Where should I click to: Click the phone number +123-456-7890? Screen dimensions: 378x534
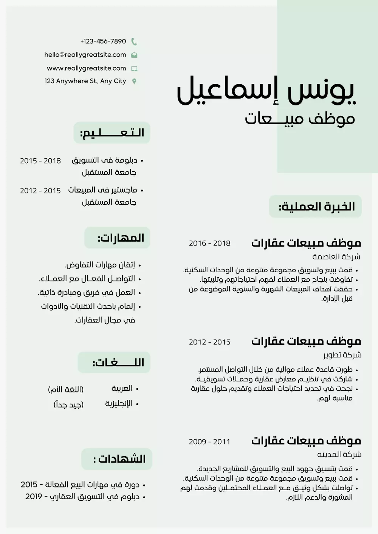coord(103,41)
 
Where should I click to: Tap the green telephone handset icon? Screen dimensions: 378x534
coord(134,42)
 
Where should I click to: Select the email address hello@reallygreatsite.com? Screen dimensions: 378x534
coord(85,54)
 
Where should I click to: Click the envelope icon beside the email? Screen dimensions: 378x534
coord(134,55)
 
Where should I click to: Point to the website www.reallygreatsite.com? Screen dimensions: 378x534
coord(86,68)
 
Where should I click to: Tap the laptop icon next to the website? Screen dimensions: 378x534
coord(134,69)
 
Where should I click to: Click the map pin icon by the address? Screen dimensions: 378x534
coord(134,81)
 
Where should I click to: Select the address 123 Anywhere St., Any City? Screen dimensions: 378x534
coord(85,81)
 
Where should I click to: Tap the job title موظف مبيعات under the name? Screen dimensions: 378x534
coord(300,119)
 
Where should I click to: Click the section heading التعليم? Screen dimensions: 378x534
coord(112,133)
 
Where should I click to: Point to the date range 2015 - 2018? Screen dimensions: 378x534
coord(40,161)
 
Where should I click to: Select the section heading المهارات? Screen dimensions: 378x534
coord(121,238)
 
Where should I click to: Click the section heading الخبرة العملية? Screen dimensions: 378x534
coord(316,207)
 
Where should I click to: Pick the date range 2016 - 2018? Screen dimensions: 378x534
coord(209,243)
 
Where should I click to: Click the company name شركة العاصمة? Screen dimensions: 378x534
coord(336,257)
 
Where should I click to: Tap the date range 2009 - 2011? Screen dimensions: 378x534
coord(209,441)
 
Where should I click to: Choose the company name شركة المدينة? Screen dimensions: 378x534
coord(339,454)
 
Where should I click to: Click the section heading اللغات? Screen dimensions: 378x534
coord(118,363)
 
